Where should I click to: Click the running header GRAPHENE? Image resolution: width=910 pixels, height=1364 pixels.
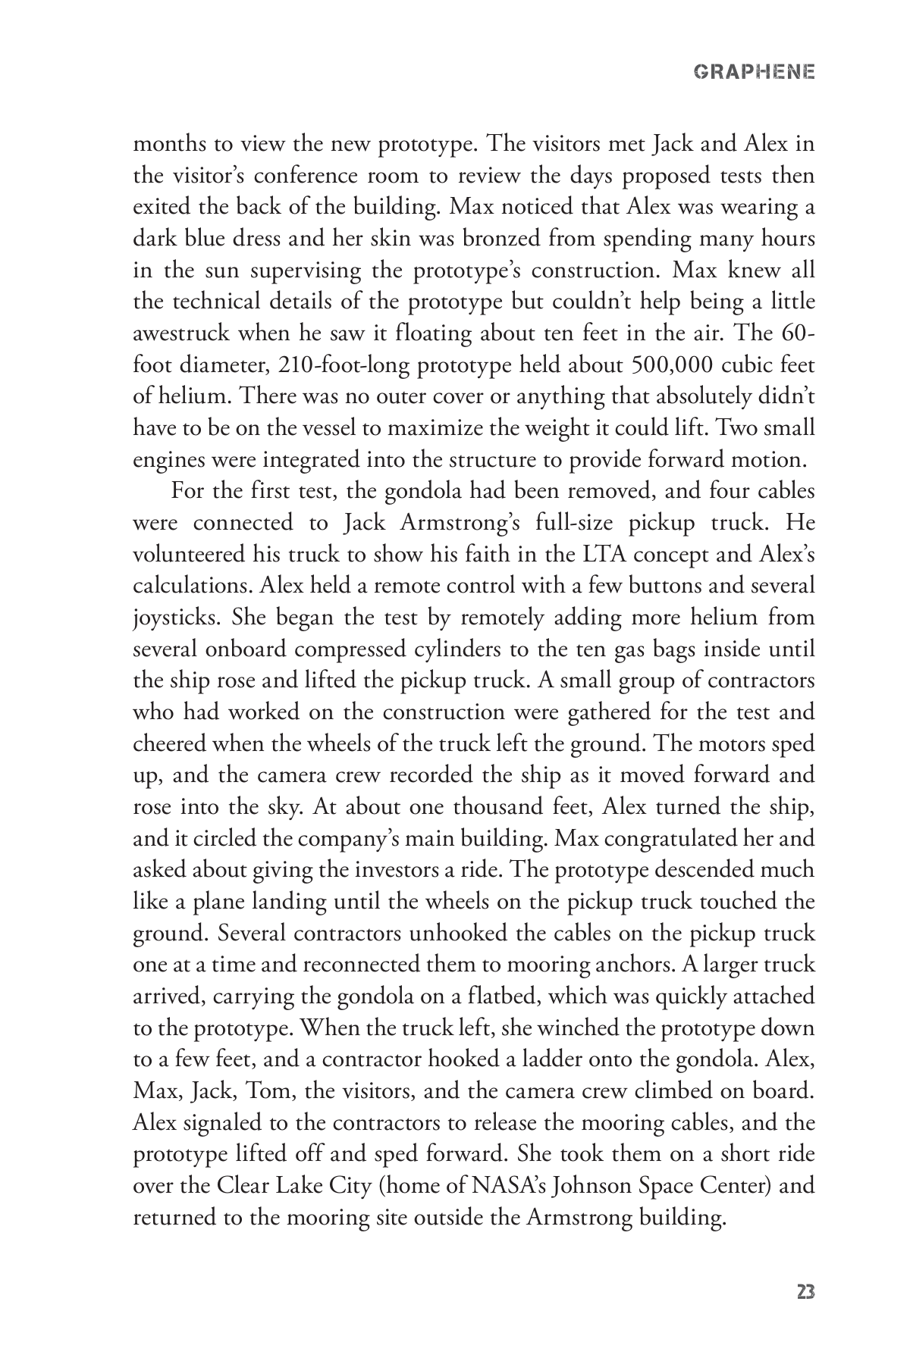tap(754, 73)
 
